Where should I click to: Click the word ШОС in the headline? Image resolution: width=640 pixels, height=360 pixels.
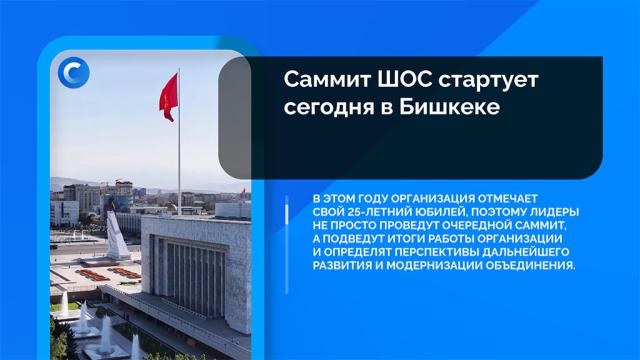click(x=404, y=79)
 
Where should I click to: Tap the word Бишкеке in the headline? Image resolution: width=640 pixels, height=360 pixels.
click(x=449, y=107)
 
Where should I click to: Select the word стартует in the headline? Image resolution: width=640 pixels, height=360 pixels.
click(x=489, y=80)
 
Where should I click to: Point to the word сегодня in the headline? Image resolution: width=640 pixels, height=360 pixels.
click(x=329, y=108)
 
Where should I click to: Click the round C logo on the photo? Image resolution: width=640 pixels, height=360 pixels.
click(x=73, y=73)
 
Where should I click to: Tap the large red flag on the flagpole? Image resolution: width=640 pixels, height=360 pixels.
click(x=169, y=98)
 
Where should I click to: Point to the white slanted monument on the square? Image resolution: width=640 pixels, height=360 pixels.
click(x=116, y=236)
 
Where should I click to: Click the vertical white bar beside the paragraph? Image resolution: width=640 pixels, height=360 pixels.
click(x=287, y=245)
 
